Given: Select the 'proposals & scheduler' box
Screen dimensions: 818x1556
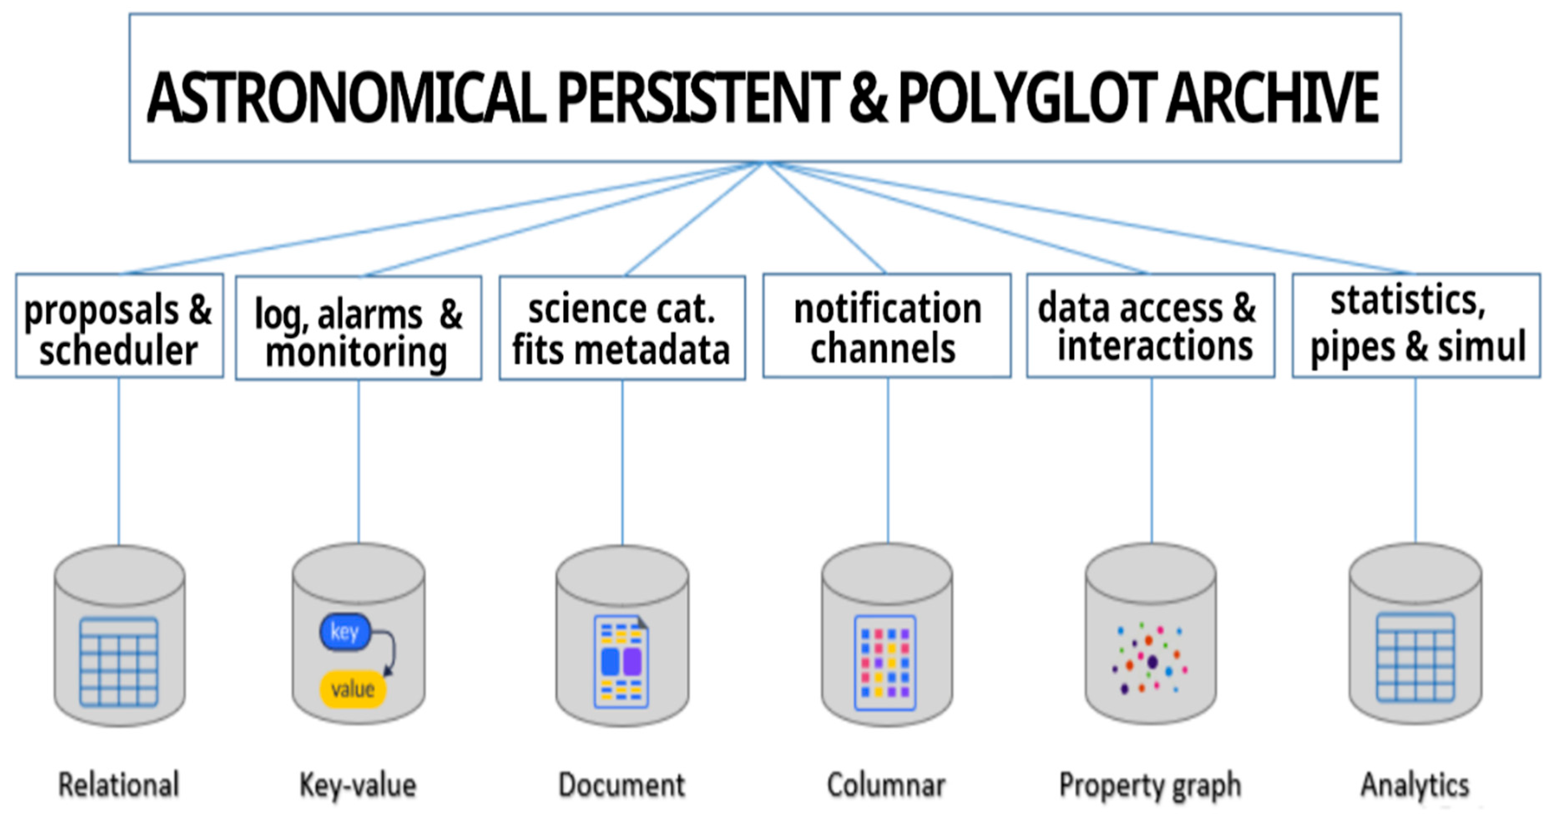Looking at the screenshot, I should (x=119, y=326).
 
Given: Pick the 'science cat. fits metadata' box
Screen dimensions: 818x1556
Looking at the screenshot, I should (x=622, y=329).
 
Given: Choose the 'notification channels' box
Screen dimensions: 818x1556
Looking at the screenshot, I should (x=887, y=326).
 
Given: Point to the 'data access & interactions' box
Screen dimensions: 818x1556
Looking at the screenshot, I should (x=1151, y=326).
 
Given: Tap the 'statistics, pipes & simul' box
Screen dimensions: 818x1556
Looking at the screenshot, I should (x=1416, y=326).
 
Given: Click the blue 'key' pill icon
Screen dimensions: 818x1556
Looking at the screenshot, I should (x=344, y=632).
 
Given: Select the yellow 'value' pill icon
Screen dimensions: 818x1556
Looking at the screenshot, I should (x=353, y=689).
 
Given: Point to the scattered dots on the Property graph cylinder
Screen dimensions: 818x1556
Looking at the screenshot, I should (x=1149, y=660).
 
